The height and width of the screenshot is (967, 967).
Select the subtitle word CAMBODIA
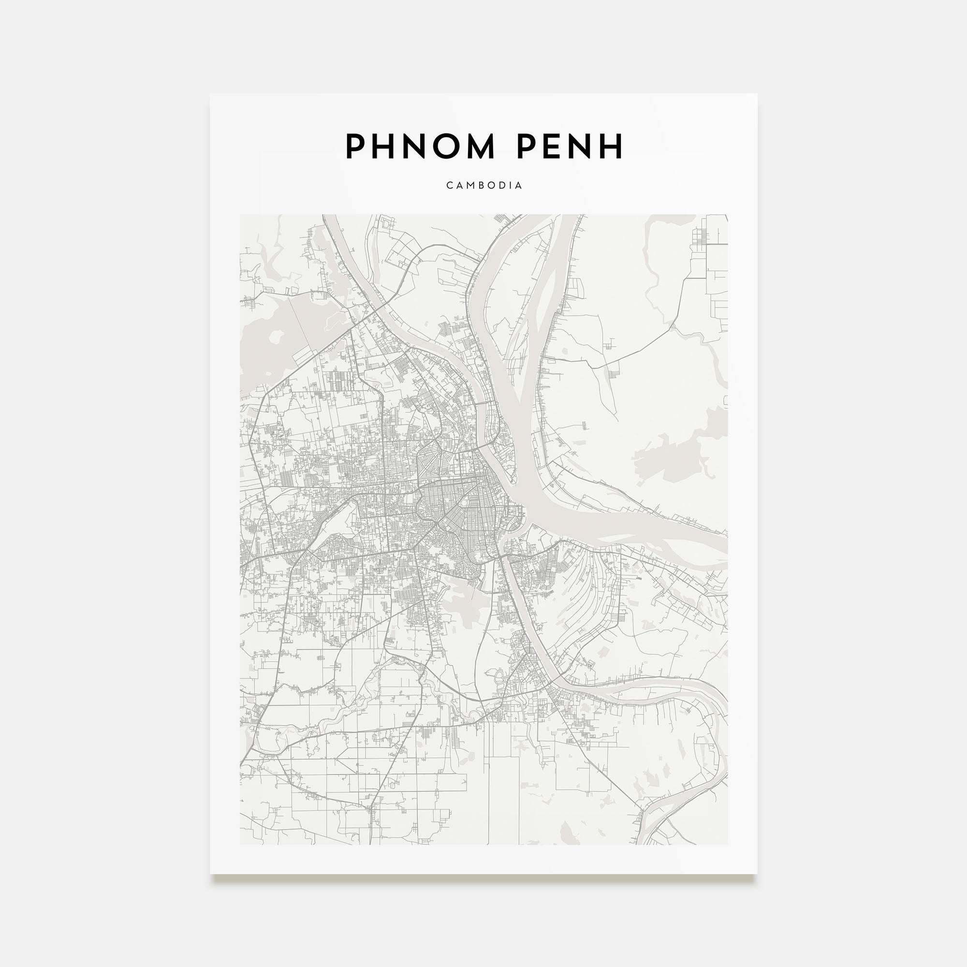point(484,185)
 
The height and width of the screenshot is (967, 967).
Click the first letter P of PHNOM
point(355,146)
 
